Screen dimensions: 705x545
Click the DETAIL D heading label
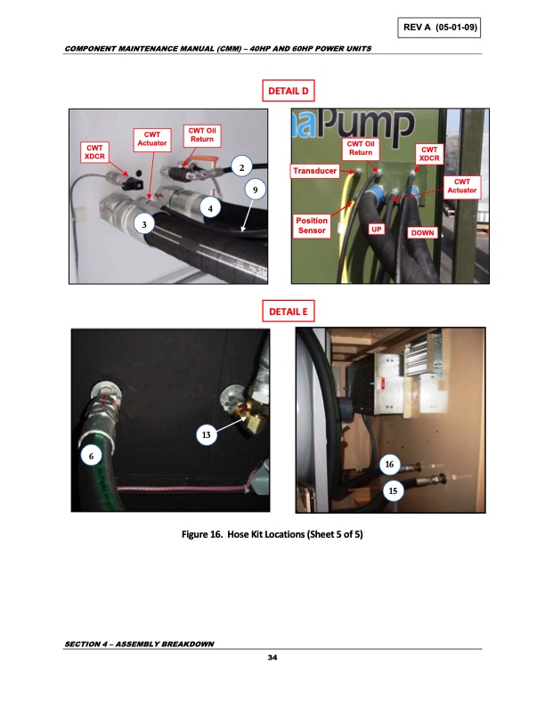click(287, 91)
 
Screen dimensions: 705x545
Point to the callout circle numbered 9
click(255, 189)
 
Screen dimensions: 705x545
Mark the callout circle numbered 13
click(206, 434)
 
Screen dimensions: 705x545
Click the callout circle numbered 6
click(89, 454)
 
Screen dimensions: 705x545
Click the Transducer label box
click(314, 170)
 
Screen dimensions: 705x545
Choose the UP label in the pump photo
click(377, 229)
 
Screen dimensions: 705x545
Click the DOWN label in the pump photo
click(422, 232)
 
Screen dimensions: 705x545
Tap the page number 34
click(272, 658)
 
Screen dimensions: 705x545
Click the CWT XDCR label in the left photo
click(95, 151)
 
